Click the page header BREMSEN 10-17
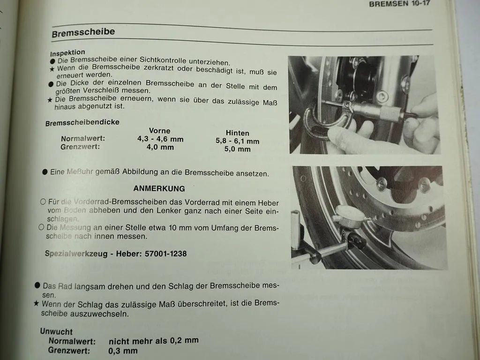click(x=399, y=4)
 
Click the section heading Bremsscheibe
click(x=83, y=33)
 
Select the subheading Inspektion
click(x=67, y=52)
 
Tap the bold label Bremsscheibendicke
click(x=82, y=123)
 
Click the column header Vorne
click(x=159, y=131)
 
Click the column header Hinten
click(x=237, y=133)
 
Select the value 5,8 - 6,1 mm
click(x=237, y=141)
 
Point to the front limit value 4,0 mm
click(x=160, y=147)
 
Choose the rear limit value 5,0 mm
click(x=237, y=149)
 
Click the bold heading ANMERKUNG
click(x=159, y=188)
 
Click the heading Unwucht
click(x=56, y=331)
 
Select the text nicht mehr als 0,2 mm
click(x=153, y=341)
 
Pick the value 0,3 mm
click(x=123, y=351)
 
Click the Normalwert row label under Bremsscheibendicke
click(x=82, y=139)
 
